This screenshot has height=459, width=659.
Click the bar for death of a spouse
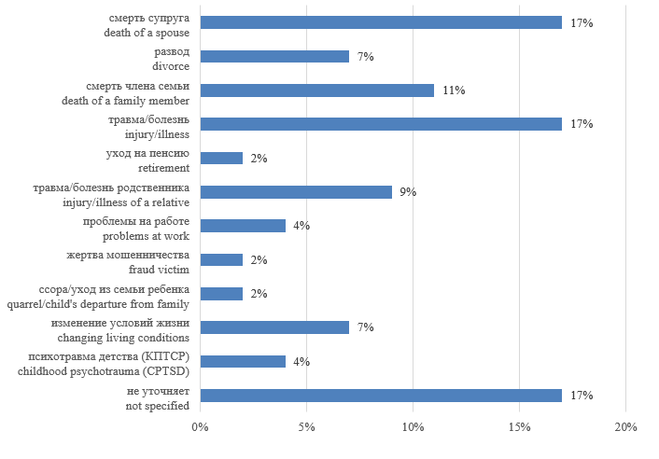[x=381, y=22]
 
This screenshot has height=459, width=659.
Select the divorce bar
[x=274, y=56]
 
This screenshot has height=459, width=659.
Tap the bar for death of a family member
[x=317, y=90]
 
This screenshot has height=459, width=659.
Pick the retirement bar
[x=221, y=159]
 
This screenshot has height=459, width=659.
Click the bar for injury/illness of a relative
[x=296, y=192]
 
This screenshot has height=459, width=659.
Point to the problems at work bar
[x=243, y=226]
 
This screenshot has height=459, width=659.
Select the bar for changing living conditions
[x=274, y=327]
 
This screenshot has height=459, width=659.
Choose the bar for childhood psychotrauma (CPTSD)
[x=243, y=361]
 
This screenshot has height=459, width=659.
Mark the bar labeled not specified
[x=381, y=396]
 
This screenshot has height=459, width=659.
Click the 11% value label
[x=454, y=90]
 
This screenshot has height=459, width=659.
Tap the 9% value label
[x=408, y=192]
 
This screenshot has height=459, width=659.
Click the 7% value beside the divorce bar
[x=365, y=56]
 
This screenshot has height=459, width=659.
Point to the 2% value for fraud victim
[x=259, y=260]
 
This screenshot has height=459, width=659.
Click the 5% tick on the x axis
[x=307, y=427]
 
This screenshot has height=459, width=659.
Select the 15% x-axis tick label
[x=520, y=427]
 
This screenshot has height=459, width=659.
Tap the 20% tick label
[x=626, y=427]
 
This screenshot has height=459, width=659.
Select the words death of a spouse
[x=147, y=32]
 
